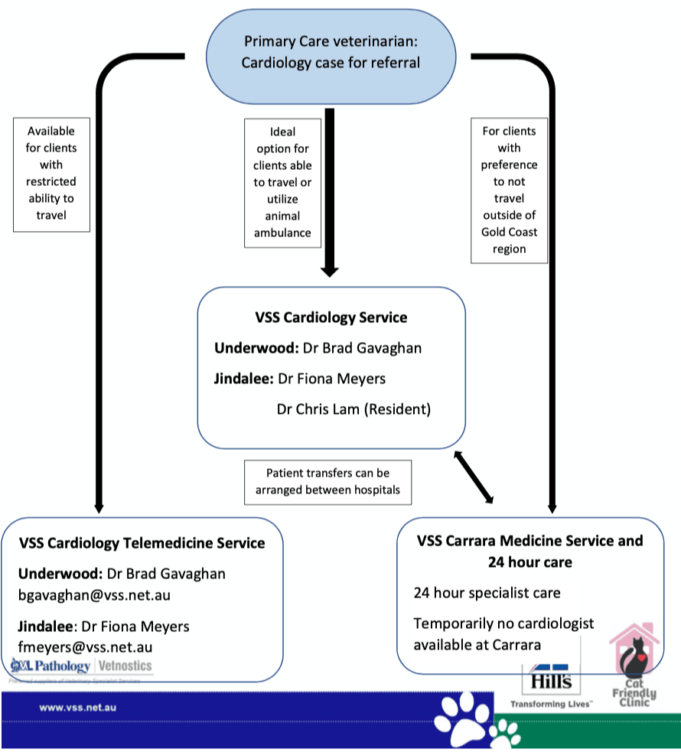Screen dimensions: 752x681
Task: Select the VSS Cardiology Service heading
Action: pyautogui.click(x=331, y=317)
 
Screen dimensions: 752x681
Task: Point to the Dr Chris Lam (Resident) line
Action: pyautogui.click(x=354, y=409)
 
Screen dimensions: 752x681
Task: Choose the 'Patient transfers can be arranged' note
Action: pyautogui.click(x=327, y=482)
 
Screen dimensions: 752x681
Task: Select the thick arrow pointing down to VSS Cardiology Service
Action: pyautogui.click(x=330, y=191)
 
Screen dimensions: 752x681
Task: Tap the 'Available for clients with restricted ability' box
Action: pyautogui.click(x=51, y=174)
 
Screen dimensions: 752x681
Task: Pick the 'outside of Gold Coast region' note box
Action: pyautogui.click(x=509, y=190)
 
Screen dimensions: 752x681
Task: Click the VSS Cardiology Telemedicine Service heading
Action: pyautogui.click(x=142, y=543)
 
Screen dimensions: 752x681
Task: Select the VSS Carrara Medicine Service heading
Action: pyautogui.click(x=530, y=551)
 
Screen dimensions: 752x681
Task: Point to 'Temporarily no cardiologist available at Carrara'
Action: pyautogui.click(x=503, y=634)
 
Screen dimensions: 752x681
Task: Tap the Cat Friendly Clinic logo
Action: pyautogui.click(x=634, y=666)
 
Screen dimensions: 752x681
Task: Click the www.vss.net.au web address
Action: pyautogui.click(x=78, y=708)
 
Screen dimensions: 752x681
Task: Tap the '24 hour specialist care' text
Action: pyautogui.click(x=487, y=593)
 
